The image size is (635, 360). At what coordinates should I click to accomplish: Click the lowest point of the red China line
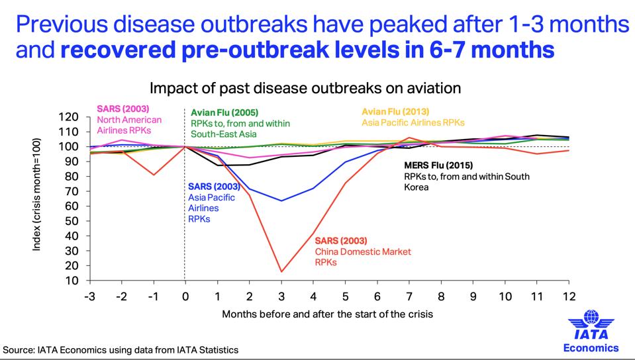[281, 271]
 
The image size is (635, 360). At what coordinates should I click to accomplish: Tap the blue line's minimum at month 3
[281, 201]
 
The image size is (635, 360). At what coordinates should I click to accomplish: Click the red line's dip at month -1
[153, 175]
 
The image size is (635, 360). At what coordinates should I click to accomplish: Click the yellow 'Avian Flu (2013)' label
[395, 111]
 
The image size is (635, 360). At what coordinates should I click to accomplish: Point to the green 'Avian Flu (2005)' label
[224, 112]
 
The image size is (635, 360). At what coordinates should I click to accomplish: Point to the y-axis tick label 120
[69, 117]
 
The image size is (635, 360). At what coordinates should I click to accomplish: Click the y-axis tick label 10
[72, 281]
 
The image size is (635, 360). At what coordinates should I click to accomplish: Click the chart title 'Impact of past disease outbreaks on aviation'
[305, 88]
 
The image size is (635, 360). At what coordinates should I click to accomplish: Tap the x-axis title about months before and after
[327, 313]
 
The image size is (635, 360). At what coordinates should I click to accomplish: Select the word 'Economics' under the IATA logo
[591, 347]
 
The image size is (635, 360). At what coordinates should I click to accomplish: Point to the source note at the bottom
[121, 349]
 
